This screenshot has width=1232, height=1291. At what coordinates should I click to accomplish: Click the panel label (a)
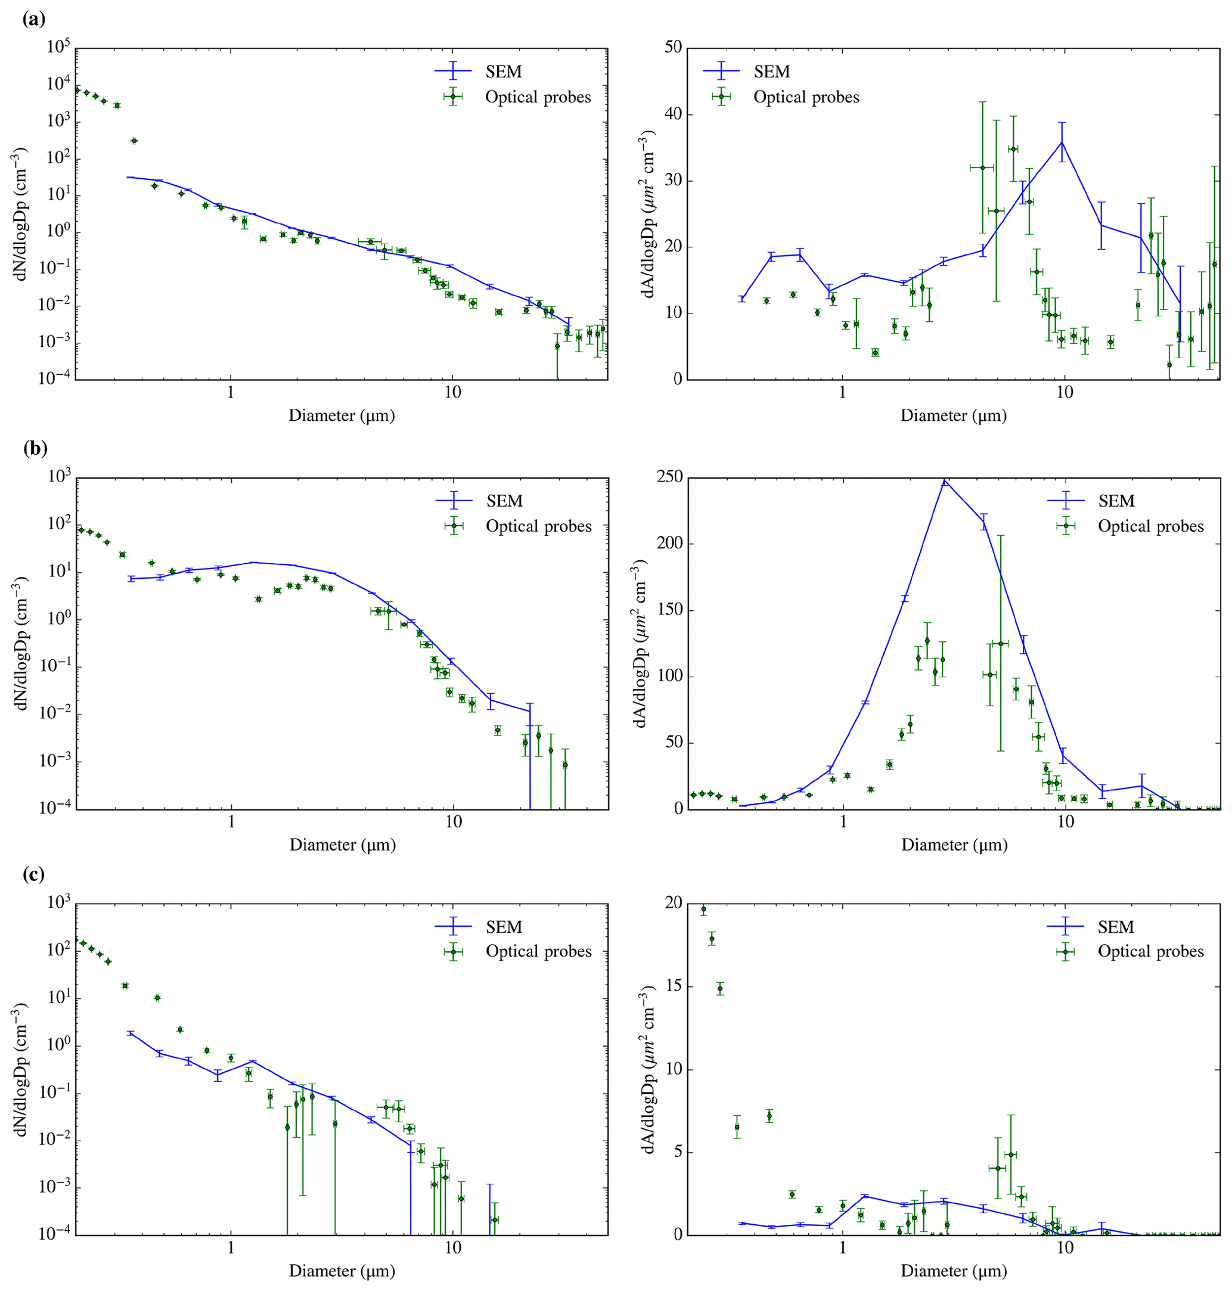(33, 20)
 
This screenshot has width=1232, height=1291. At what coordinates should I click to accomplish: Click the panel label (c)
(33, 875)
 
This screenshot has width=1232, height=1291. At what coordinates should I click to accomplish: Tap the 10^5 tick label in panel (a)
(58, 48)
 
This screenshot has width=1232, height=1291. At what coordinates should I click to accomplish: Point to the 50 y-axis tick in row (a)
(672, 49)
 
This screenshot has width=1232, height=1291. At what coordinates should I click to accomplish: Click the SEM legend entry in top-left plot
(503, 72)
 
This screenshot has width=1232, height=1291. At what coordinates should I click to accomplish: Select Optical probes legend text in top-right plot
(806, 97)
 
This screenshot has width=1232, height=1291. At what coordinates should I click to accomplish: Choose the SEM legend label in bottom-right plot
(1116, 927)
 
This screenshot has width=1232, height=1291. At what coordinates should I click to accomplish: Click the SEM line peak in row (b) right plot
(944, 480)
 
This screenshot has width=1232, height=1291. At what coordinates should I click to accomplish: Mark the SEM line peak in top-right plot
(1062, 142)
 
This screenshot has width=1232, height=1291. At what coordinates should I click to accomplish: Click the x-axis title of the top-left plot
(342, 415)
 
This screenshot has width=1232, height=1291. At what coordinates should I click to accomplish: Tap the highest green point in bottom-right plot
(703, 910)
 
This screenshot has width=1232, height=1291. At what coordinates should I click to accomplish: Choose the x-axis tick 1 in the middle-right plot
(843, 822)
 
